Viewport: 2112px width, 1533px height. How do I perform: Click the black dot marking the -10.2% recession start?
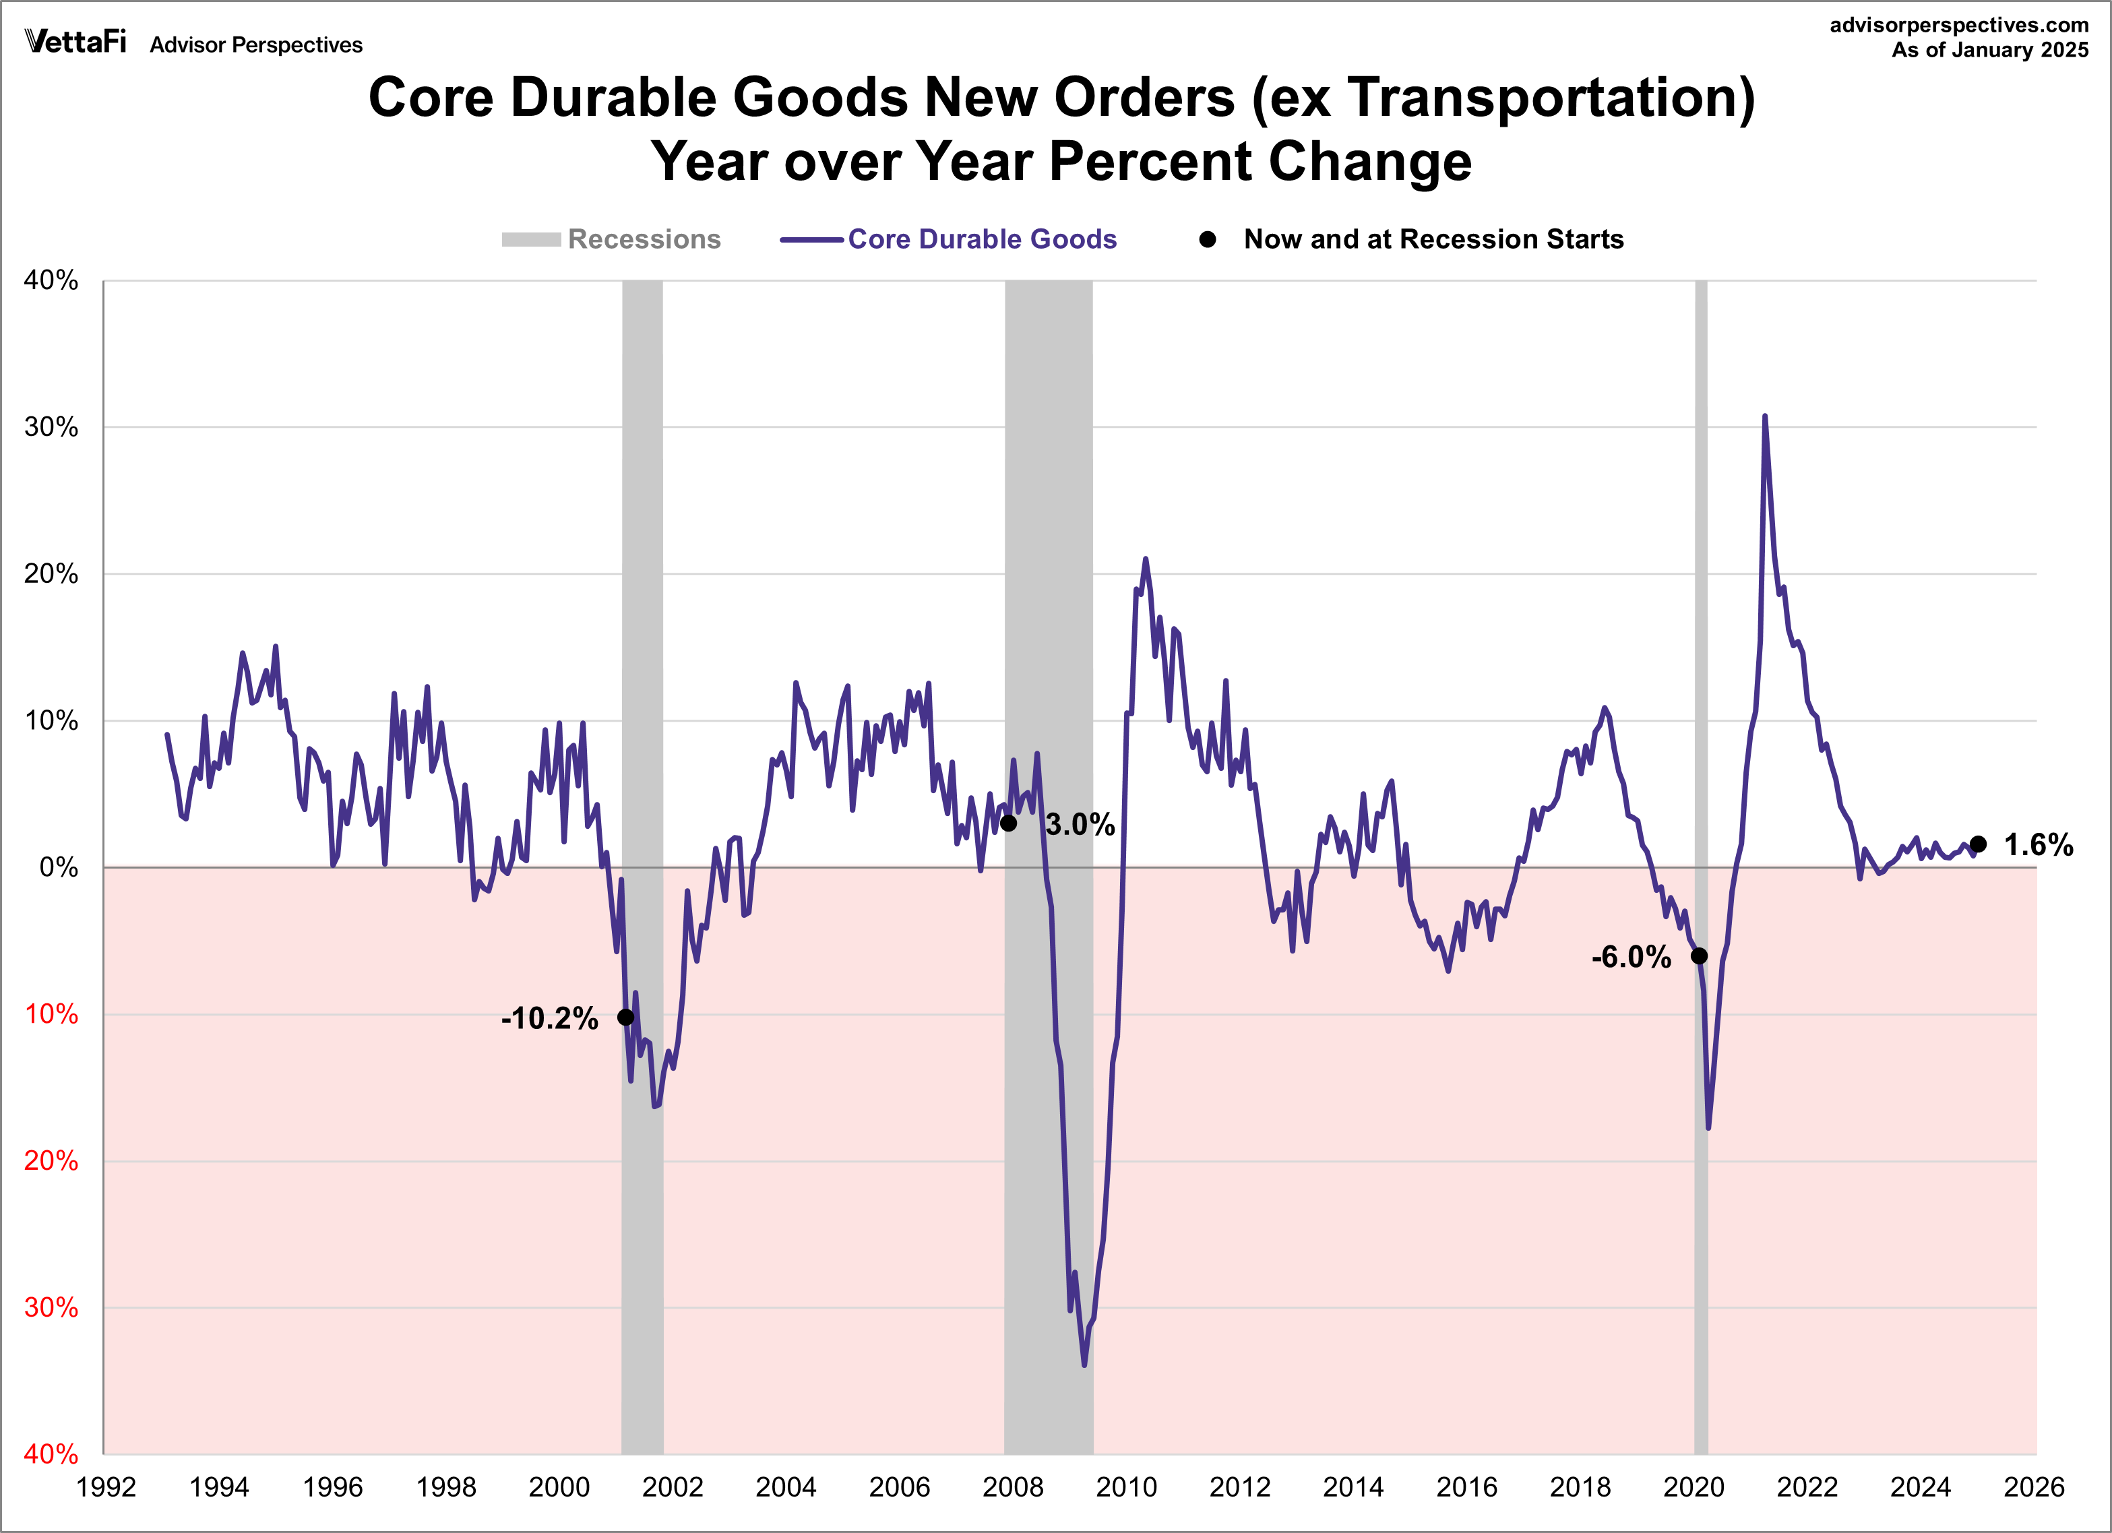point(626,1017)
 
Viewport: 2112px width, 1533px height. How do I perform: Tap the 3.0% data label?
point(1080,824)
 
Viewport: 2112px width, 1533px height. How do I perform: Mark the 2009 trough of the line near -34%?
point(1084,1365)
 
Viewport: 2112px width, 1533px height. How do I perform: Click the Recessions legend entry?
point(644,239)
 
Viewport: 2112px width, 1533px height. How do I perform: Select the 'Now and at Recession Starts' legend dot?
point(1208,239)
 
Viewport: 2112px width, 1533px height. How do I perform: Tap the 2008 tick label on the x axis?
point(1013,1487)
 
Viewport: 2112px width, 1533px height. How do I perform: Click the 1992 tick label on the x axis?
point(106,1487)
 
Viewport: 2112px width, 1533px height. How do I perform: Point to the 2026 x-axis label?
point(2034,1487)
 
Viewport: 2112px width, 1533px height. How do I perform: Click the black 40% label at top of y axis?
point(51,280)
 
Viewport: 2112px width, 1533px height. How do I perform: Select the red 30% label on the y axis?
point(51,1308)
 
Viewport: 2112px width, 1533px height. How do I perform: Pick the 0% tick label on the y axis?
point(58,867)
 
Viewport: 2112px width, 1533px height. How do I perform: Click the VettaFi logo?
point(75,42)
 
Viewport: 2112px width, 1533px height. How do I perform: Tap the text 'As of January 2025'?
point(1989,51)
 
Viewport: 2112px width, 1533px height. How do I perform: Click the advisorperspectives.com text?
point(1958,25)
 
